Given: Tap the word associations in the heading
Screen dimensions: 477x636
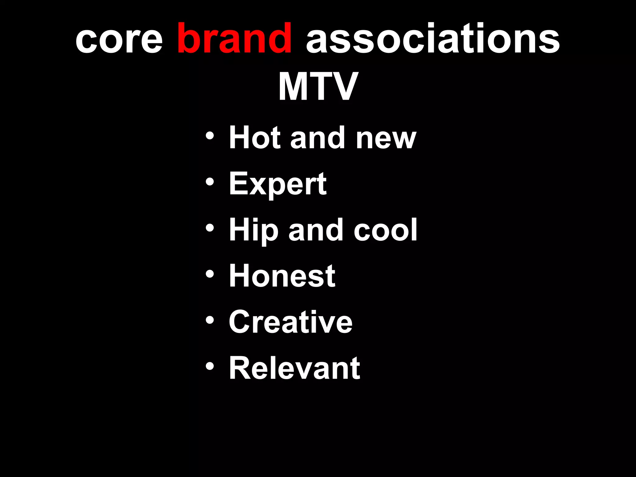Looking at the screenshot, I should click(433, 39).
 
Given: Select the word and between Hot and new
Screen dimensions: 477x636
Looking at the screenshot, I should click(318, 138).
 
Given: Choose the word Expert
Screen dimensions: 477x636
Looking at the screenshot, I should click(278, 184).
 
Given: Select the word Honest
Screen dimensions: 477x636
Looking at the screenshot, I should click(282, 276).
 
